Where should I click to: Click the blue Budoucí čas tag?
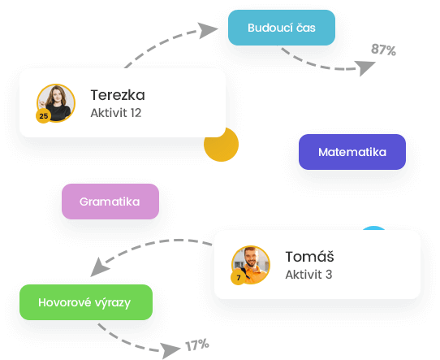pyautogui.click(x=282, y=28)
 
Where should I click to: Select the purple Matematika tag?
pyautogui.click(x=352, y=152)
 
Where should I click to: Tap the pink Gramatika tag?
pyautogui.click(x=110, y=202)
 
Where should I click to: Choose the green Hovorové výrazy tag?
pyautogui.click(x=86, y=302)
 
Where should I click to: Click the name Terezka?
pyautogui.click(x=118, y=95)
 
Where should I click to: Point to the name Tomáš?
pyautogui.click(x=309, y=256)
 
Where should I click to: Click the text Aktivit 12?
pyautogui.click(x=116, y=113)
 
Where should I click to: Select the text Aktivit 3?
pyautogui.click(x=308, y=275)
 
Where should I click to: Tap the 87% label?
pyautogui.click(x=383, y=50)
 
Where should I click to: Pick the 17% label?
pyautogui.click(x=197, y=345)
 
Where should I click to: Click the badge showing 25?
pyautogui.click(x=44, y=116)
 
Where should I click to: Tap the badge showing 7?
pyautogui.click(x=238, y=278)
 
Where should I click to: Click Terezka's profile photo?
pyautogui.click(x=56, y=103)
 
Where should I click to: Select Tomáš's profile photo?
pyautogui.click(x=251, y=265)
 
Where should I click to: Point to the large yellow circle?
pyautogui.click(x=221, y=145)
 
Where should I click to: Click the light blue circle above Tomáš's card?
pyautogui.click(x=373, y=228)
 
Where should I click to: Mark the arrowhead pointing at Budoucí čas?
pyautogui.click(x=207, y=30)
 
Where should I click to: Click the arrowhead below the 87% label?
pyautogui.click(x=365, y=67)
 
